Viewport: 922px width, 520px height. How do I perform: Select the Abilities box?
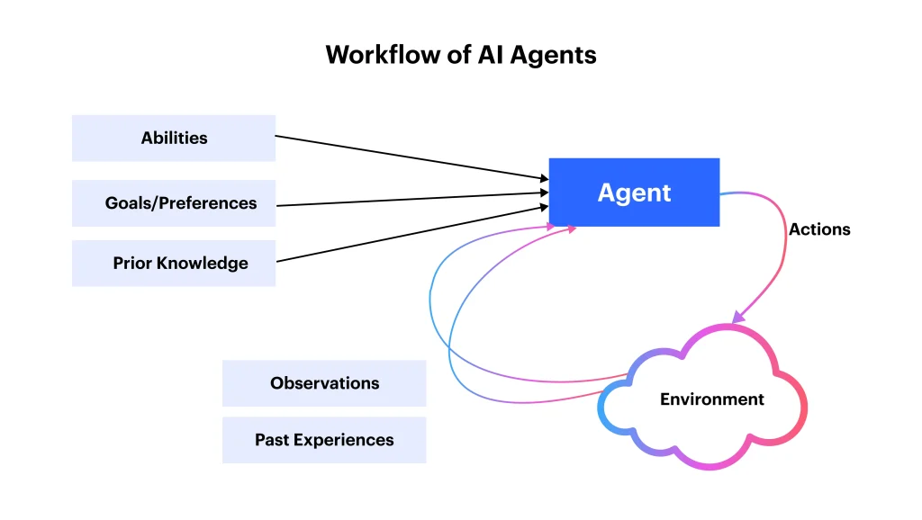[x=174, y=138]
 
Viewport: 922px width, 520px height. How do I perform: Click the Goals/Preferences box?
[x=174, y=203]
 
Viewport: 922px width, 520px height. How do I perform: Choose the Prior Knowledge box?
[x=174, y=264]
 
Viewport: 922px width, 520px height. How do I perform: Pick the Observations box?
[x=324, y=383]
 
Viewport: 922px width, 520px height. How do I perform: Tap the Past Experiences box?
[x=324, y=440]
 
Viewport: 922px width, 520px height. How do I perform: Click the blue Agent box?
[x=634, y=193]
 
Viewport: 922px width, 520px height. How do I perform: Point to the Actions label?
[x=819, y=229]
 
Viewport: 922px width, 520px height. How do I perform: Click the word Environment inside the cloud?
[x=711, y=399]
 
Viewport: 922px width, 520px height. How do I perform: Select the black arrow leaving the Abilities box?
[x=410, y=157]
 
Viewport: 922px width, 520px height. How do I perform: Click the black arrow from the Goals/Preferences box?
[x=410, y=199]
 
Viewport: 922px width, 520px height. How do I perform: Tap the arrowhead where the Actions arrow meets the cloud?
[x=737, y=318]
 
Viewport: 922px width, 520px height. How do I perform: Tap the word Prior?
[x=131, y=264]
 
